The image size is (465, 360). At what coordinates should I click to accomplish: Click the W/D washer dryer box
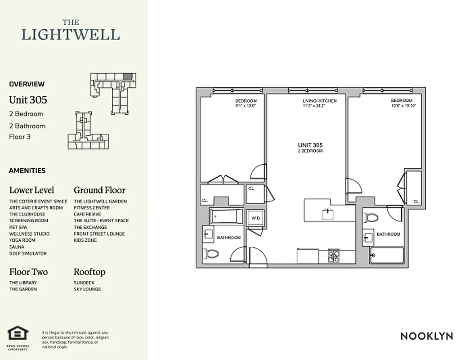(255, 218)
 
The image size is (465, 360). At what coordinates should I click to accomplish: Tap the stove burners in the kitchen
(333, 256)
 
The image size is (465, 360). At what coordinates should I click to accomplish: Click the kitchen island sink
(328, 212)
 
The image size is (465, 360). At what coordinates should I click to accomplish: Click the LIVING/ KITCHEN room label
(319, 101)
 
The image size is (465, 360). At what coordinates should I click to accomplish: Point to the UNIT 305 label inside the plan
(310, 145)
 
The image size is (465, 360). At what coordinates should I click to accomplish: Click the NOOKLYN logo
(426, 336)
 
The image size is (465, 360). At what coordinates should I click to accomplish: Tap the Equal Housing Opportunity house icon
(18, 333)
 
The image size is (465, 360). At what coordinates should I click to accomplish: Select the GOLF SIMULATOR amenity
(28, 253)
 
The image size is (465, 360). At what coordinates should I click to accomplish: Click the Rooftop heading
(89, 272)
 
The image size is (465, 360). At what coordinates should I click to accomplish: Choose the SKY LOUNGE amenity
(87, 289)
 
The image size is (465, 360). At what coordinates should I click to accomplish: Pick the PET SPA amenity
(18, 227)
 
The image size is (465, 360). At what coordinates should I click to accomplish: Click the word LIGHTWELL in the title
(71, 34)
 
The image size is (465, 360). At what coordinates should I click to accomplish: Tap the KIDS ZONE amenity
(85, 240)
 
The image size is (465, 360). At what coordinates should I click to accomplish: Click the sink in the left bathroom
(208, 234)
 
